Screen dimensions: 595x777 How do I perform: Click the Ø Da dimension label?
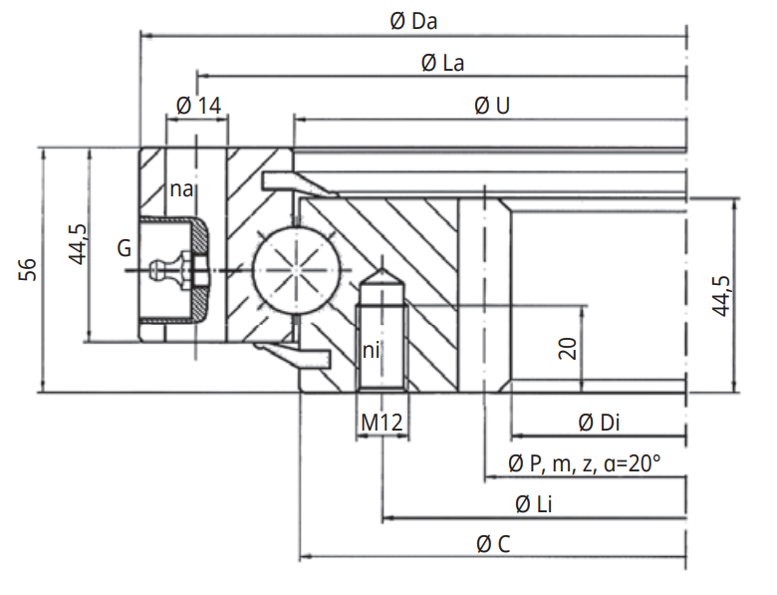pyautogui.click(x=415, y=20)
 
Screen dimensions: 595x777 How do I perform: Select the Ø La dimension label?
pyautogui.click(x=442, y=63)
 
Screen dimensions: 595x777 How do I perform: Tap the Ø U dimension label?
pyautogui.click(x=493, y=105)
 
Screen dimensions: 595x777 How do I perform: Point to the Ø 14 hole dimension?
pyautogui.click(x=197, y=105)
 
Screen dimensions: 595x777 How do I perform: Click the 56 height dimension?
pyautogui.click(x=29, y=269)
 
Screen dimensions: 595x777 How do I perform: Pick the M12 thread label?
pyautogui.click(x=382, y=423)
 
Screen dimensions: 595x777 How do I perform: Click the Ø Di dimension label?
pyautogui.click(x=599, y=423)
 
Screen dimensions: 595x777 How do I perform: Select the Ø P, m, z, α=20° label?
pyautogui.click(x=585, y=463)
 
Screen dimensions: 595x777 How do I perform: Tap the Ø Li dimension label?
pyautogui.click(x=535, y=504)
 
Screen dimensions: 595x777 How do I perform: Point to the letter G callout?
pyautogui.click(x=124, y=248)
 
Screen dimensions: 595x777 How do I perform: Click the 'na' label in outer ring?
pyautogui.click(x=180, y=189)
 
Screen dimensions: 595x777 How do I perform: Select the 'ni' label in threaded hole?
pyautogui.click(x=371, y=350)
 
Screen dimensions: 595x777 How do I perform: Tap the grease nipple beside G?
pyautogui.click(x=175, y=268)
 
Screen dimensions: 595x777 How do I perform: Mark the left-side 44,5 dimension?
pyautogui.click(x=78, y=245)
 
